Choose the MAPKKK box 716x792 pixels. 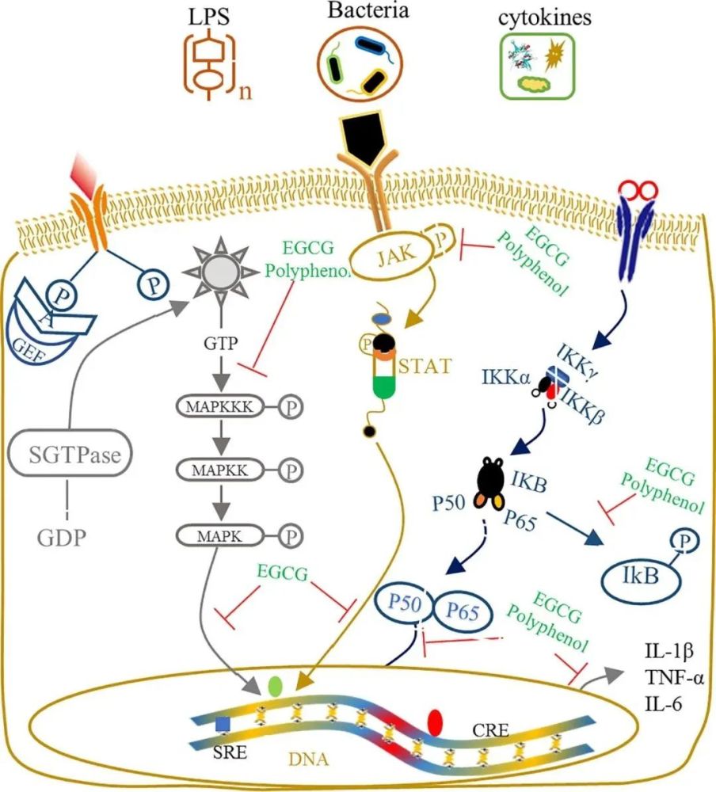tap(218, 407)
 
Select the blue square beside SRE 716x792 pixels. tap(224, 724)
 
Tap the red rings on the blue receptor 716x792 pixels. tap(638, 189)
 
